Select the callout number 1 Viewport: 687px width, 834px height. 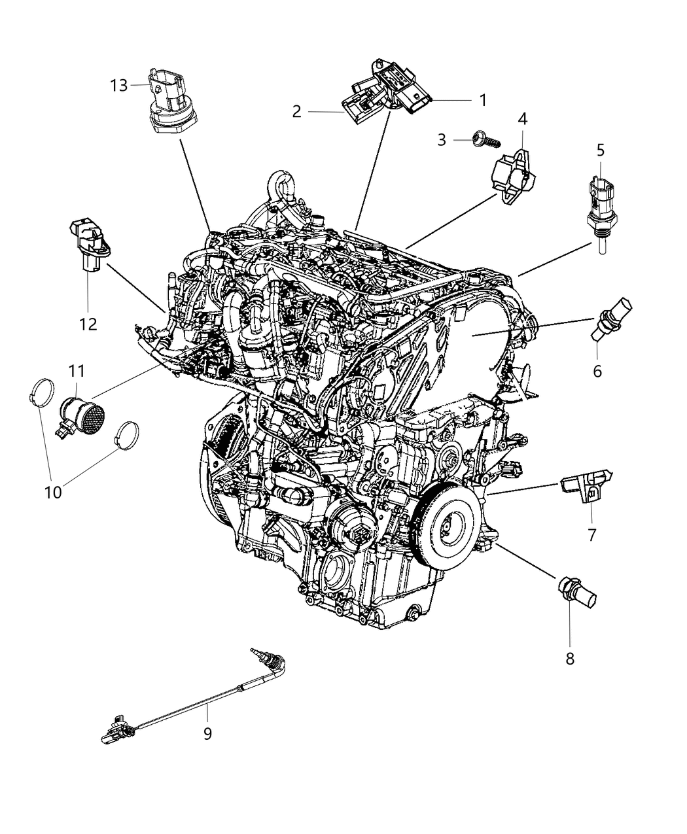(482, 100)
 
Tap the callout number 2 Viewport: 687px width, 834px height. (296, 112)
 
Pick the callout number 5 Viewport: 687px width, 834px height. (600, 150)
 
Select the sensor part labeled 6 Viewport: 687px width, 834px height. (610, 319)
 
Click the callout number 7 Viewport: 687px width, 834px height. (591, 534)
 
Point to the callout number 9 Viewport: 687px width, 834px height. (207, 734)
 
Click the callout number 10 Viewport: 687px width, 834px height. (52, 491)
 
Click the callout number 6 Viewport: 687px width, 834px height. (597, 372)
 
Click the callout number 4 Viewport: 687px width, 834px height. (522, 118)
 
